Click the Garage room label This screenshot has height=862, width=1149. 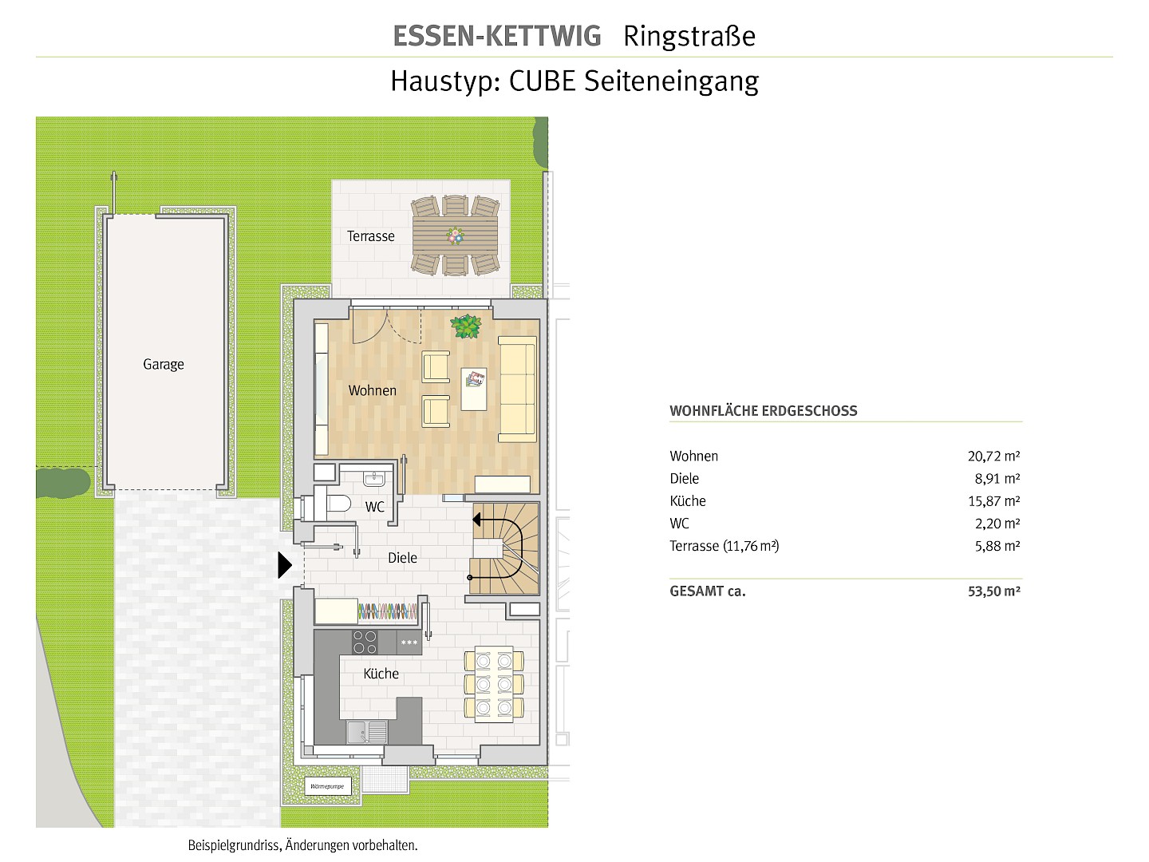tap(164, 364)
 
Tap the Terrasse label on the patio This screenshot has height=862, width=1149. tap(370, 236)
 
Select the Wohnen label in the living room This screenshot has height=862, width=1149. tap(372, 390)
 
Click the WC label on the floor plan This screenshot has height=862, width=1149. tap(374, 507)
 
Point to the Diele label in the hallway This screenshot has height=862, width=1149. tap(402, 558)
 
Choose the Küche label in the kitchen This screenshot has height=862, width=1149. tap(381, 674)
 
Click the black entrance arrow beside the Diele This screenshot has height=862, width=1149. tap(284, 565)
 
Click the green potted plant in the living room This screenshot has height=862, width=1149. tap(465, 326)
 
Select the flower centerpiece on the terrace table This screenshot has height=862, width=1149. tap(455, 235)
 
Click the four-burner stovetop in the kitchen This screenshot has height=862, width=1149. tap(365, 643)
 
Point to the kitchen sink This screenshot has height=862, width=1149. tap(366, 731)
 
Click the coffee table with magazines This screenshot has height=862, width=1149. tap(474, 389)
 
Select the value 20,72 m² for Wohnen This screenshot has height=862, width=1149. tap(993, 457)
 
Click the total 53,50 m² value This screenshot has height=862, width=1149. tap(994, 591)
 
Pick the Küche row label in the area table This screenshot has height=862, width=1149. tap(688, 501)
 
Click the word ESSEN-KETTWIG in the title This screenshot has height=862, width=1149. tap(497, 36)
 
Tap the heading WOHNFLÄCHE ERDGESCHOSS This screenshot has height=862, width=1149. tap(764, 411)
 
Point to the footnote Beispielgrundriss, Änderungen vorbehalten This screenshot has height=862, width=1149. tap(302, 845)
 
